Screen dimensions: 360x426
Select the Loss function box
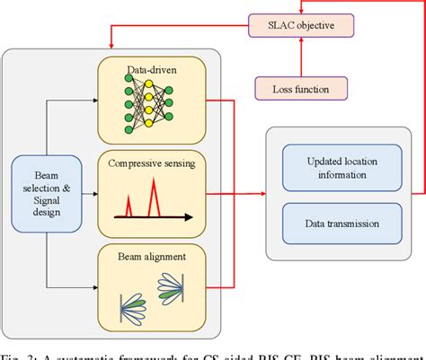coord(293,88)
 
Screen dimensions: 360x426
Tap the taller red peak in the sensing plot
coord(154,193)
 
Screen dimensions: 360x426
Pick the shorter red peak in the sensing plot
coord(135,203)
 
